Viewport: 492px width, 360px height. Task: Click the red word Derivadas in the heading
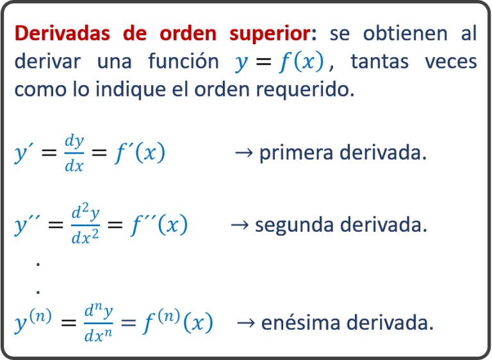62,33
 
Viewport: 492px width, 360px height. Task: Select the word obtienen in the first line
405,33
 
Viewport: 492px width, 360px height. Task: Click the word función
184,61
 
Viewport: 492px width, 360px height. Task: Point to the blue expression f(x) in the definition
301,61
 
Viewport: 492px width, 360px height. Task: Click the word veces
451,61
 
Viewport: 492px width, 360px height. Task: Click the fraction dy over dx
74,154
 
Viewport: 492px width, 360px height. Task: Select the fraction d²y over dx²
85,224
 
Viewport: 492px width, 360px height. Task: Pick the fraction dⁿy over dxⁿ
99,323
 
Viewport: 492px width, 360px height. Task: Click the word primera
296,153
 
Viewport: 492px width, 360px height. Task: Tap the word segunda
294,225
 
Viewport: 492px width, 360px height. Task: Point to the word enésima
300,323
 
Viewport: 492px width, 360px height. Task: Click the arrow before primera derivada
244,153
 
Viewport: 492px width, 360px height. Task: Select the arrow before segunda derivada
240,225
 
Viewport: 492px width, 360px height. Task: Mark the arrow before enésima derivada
246,323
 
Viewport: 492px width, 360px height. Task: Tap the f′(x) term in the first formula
140,153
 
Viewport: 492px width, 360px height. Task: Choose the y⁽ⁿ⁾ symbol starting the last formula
33,321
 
